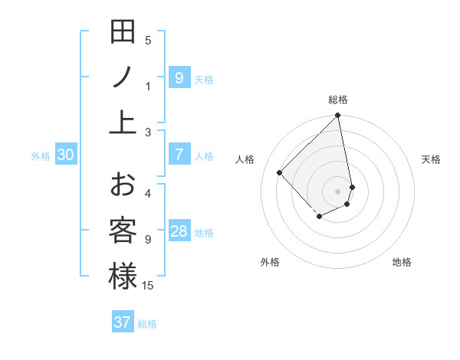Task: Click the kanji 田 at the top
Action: (123, 34)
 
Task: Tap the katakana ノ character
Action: (123, 77)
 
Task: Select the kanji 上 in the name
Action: (123, 122)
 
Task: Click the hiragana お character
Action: (123, 186)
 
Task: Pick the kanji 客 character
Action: (123, 231)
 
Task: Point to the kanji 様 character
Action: (123, 276)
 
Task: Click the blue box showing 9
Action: (179, 77)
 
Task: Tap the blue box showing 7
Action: (179, 155)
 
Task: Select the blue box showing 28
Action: (179, 232)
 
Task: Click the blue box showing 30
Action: (66, 155)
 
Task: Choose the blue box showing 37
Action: (123, 322)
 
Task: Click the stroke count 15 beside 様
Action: (148, 285)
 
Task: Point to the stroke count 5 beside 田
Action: (148, 41)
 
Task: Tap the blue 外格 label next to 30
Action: (41, 155)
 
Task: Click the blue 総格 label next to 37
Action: (147, 323)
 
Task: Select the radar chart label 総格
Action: (338, 100)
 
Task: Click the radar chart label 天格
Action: (431, 159)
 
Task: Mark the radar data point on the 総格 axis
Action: (338, 116)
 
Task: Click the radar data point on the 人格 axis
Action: (280, 172)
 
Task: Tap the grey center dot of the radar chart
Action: (338, 191)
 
